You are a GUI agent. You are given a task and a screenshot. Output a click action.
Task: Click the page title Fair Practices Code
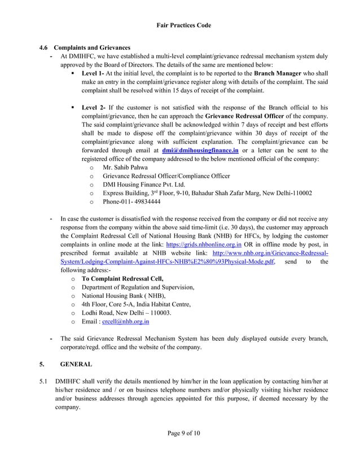[179, 25]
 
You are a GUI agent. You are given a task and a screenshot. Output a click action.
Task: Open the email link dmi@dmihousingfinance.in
[200, 151]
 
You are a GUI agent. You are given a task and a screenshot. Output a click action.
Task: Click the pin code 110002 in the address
[301, 193]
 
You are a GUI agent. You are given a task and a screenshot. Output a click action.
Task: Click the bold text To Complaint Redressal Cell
[122, 279]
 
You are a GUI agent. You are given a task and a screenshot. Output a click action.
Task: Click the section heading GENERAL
[76, 364]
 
